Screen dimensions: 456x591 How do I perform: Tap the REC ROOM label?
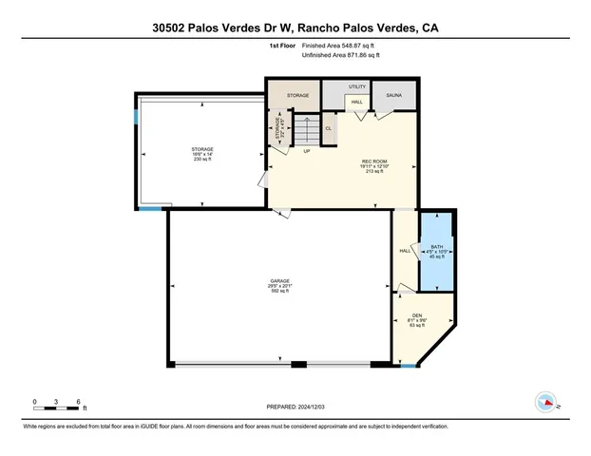(372, 161)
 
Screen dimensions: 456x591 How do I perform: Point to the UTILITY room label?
(357, 87)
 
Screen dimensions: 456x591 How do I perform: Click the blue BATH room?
(437, 254)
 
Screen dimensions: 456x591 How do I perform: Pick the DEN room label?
(416, 315)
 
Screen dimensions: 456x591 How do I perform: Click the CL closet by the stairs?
(329, 128)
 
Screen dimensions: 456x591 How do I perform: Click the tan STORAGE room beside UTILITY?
(292, 95)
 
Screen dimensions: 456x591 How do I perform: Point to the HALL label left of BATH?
(404, 251)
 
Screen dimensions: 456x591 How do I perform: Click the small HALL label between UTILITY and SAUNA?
(356, 102)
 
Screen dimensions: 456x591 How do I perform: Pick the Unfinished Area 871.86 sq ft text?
(340, 56)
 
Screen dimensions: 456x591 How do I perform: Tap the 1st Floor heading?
(282, 46)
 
